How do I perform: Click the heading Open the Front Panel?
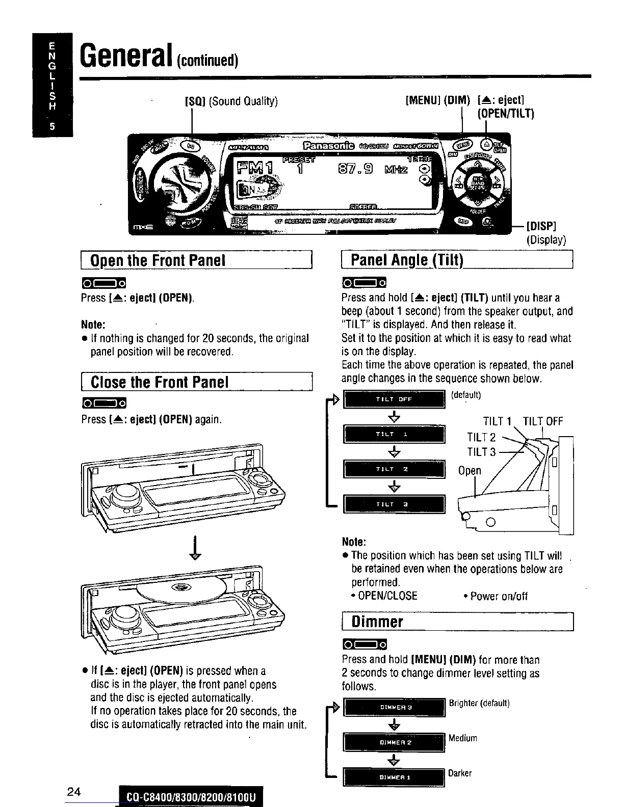coord(158,260)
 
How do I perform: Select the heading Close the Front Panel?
coord(160,382)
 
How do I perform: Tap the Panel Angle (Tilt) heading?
coord(407,260)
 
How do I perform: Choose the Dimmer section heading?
coord(377,622)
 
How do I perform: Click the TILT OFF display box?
coord(394,399)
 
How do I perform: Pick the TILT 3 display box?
coord(394,504)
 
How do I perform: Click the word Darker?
coord(460,773)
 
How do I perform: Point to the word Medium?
coord(463,738)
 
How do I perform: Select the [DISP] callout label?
coord(541,226)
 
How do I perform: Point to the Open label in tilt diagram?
coord(469,470)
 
